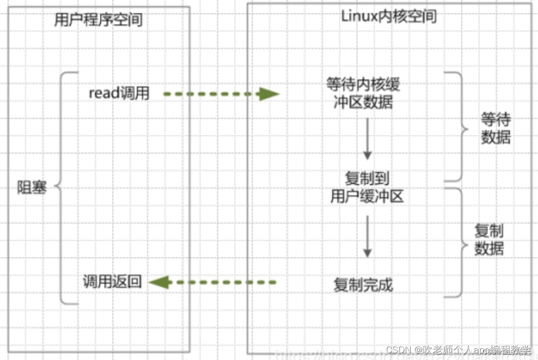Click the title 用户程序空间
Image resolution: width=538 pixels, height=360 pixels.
[98, 20]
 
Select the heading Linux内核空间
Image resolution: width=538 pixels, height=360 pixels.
[389, 16]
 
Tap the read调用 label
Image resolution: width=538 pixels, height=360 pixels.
[119, 94]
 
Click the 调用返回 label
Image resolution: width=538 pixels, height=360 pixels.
[112, 282]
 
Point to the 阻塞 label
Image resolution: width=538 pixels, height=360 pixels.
[32, 188]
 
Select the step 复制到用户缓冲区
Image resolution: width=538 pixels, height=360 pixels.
[367, 187]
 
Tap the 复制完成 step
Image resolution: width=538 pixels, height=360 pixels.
[363, 285]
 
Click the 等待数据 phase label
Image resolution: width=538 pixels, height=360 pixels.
[495, 129]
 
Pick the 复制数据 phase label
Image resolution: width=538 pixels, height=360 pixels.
[489, 239]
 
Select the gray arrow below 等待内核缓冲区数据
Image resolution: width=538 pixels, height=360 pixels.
[367, 140]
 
